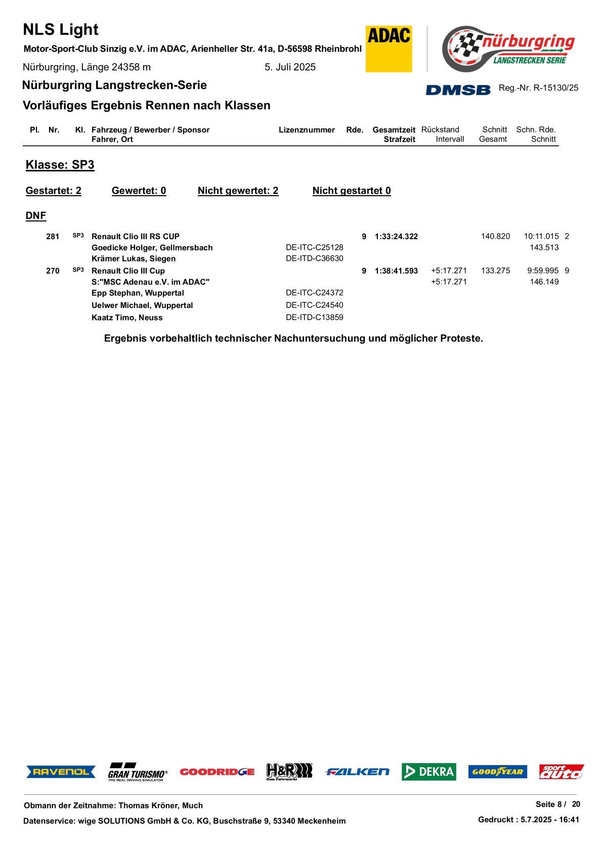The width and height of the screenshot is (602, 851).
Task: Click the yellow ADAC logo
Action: (389, 49)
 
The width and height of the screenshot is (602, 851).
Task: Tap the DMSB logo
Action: (458, 89)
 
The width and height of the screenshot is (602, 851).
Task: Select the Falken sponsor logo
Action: (357, 772)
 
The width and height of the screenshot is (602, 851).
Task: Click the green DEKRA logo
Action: (428, 772)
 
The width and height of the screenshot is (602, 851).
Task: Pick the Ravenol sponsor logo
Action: (61, 772)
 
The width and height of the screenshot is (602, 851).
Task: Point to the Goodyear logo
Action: (497, 772)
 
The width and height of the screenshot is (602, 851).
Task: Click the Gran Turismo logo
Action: (137, 772)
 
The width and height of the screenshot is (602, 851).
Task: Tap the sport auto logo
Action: (561, 772)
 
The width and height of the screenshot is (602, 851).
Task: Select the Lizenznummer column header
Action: (307, 130)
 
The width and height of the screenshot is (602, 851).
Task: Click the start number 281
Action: (53, 237)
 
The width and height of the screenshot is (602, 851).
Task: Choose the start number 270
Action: (53, 271)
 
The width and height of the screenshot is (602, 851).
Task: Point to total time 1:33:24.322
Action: (396, 237)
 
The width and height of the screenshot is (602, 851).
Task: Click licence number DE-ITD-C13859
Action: (314, 318)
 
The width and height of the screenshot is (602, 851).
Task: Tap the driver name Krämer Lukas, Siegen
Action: (134, 259)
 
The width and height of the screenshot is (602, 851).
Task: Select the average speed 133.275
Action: (495, 271)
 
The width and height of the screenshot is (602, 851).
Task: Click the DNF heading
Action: (36, 216)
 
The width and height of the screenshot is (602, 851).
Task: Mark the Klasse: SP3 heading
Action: (60, 165)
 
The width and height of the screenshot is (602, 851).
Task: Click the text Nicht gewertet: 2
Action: (238, 191)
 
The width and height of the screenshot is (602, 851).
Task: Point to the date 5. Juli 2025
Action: (290, 67)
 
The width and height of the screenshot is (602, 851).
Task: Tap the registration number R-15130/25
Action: (555, 88)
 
